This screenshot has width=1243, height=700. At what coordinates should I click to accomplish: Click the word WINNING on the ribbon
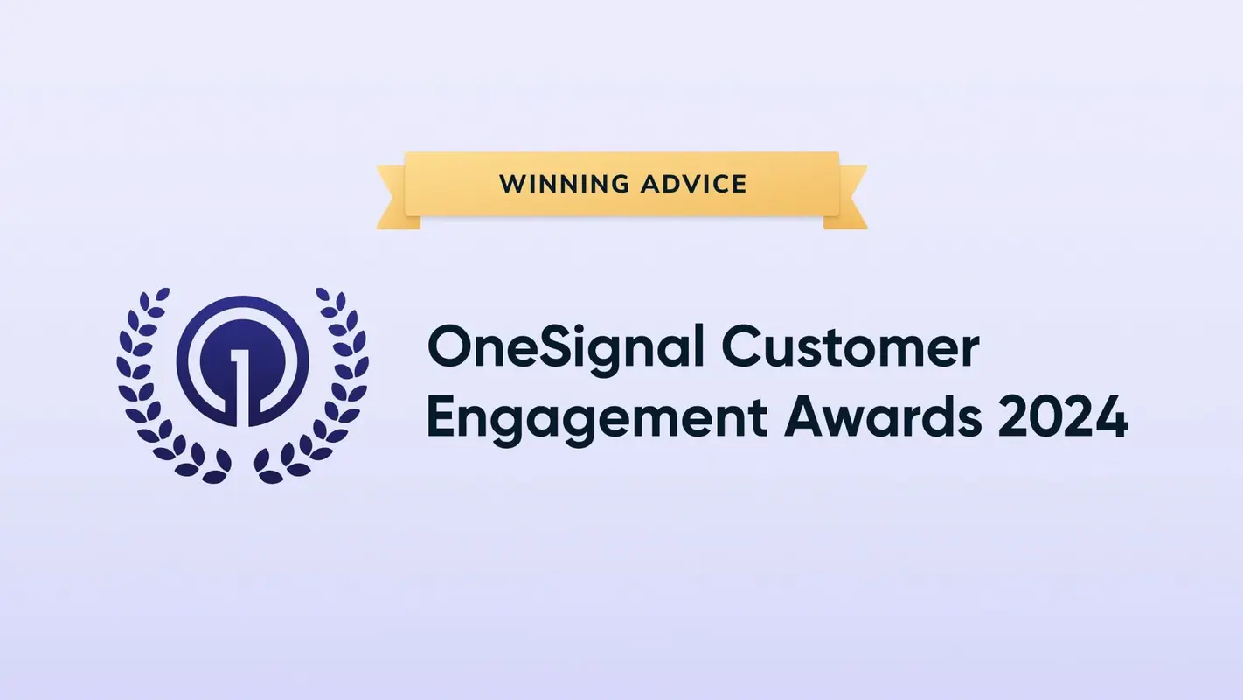click(x=559, y=185)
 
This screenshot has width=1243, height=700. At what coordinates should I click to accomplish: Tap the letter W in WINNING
click(x=510, y=185)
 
